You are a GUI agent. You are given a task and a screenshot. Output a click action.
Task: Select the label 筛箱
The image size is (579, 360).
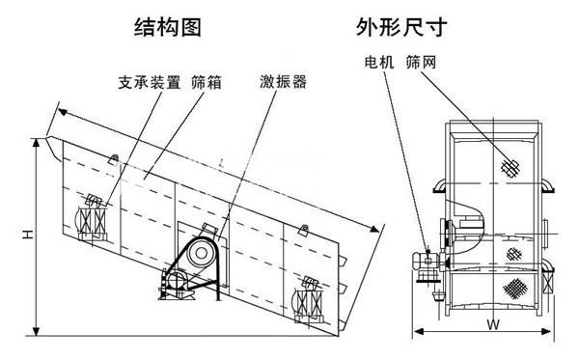point(207,83)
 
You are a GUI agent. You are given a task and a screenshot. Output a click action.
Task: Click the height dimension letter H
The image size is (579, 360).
point(29,234)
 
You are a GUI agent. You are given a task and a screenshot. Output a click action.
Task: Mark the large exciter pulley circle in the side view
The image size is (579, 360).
point(202,253)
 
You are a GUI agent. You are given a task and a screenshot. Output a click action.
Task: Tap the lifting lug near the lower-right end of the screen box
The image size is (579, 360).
point(305,230)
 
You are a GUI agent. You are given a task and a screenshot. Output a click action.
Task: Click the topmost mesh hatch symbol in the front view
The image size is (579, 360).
point(509,167)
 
